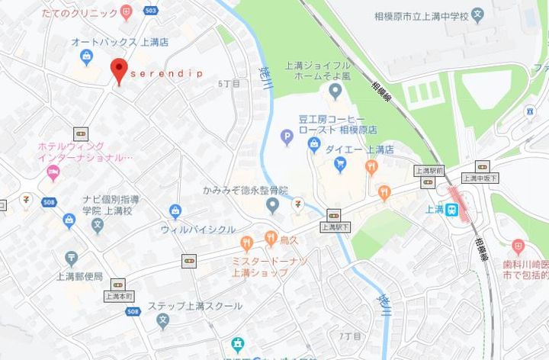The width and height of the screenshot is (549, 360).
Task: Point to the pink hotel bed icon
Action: coord(53,172)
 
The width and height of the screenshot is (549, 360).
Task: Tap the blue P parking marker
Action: coord(287,138)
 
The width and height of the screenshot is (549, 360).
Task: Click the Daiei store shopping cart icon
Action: coord(339,162)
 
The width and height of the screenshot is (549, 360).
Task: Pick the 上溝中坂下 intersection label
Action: coord(480,178)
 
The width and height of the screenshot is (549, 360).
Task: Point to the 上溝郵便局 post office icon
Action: coord(71,259)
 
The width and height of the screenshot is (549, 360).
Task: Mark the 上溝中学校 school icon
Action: coord(477,14)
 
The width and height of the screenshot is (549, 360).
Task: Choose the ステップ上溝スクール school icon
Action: coord(162,322)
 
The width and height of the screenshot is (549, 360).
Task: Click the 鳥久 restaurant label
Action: coord(289,242)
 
